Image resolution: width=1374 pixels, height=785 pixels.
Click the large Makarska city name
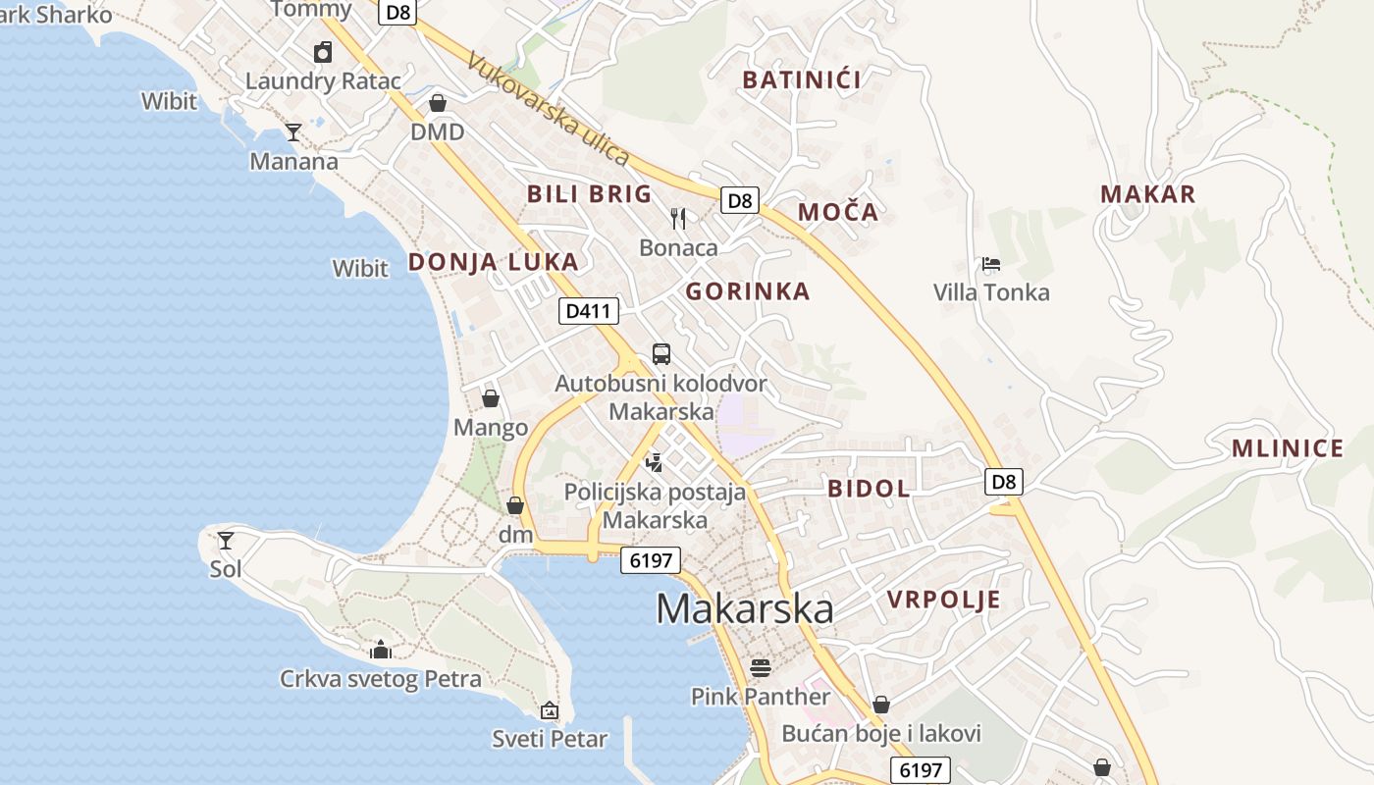pos(745,609)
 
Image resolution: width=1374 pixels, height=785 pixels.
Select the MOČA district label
pos(837,212)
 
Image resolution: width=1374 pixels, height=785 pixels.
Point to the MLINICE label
pos(1288,449)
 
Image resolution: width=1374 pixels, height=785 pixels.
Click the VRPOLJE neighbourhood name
pos(943,600)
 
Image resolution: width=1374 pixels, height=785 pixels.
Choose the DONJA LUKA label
pos(493,262)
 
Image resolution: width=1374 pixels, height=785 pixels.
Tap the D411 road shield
pos(589,312)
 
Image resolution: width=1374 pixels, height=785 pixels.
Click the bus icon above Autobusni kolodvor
pos(661,353)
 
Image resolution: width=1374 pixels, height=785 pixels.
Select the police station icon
pos(655,461)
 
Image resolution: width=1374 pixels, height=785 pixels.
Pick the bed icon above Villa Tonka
pos(990,264)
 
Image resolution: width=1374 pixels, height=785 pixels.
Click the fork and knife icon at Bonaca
pos(678,218)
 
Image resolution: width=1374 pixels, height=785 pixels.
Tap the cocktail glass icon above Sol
pos(226,540)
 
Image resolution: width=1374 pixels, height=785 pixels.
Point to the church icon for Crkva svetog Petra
pos(381,650)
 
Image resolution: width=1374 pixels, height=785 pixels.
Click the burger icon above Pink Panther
pos(761,668)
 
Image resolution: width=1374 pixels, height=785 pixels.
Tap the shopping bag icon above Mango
pos(490,398)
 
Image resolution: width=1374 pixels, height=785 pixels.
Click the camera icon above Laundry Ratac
pos(323,52)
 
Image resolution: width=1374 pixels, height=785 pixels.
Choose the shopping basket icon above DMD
pos(438,103)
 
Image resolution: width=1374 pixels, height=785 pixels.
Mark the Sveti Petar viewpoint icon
pos(550,710)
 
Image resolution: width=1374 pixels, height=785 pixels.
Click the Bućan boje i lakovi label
pos(881,734)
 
